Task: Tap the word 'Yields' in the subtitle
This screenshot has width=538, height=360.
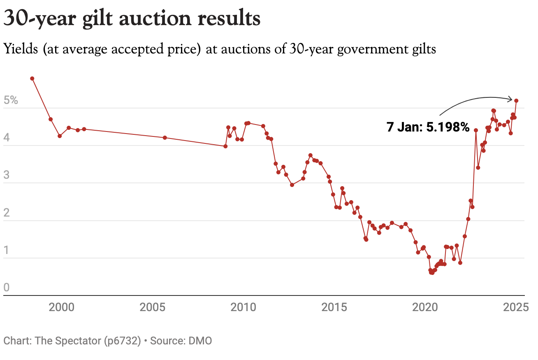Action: pos(21,50)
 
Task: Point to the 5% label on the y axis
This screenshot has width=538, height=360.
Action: pos(11,101)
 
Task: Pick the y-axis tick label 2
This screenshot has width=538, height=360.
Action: pos(6,213)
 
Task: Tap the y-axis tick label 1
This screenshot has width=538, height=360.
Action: pos(6,250)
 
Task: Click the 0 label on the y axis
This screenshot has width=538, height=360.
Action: pos(6,288)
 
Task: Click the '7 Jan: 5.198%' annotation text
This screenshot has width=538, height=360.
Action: pos(428,127)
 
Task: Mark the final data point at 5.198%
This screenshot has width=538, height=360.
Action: pos(516,101)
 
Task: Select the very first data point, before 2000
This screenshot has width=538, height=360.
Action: pos(32,78)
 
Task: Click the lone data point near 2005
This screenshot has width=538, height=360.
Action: pos(165,138)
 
